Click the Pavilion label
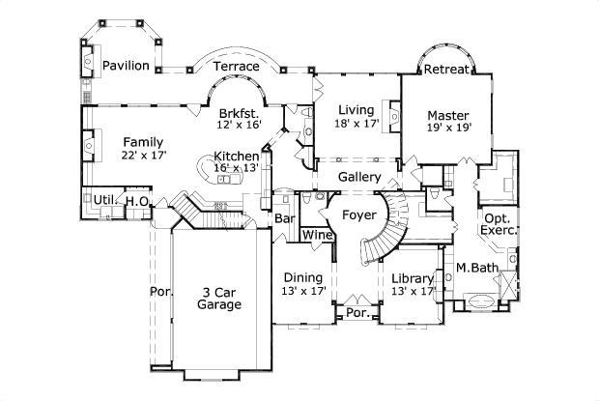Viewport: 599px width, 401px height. coord(127,66)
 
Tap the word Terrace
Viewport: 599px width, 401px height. coord(236,66)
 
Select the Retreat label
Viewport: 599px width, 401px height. coord(446,69)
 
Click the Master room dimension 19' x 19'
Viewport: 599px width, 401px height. coord(447,131)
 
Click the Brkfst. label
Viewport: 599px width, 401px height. coord(237,112)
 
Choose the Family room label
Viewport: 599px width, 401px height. coord(142,142)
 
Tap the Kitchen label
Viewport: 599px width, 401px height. coord(236,156)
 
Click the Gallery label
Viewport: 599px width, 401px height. coord(357,178)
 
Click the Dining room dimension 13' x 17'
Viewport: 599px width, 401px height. coord(304,290)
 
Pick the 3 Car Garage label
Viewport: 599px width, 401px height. coord(219,298)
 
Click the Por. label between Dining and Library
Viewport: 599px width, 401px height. coord(357,313)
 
